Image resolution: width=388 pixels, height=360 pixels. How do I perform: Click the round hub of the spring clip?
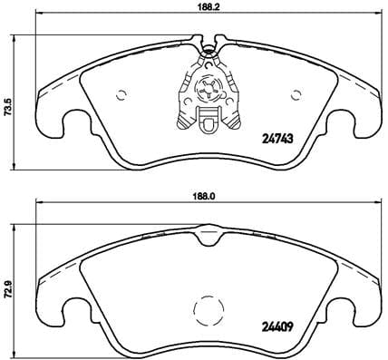tap(207, 89)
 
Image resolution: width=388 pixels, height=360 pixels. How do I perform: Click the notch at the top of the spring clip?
tap(207, 45)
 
